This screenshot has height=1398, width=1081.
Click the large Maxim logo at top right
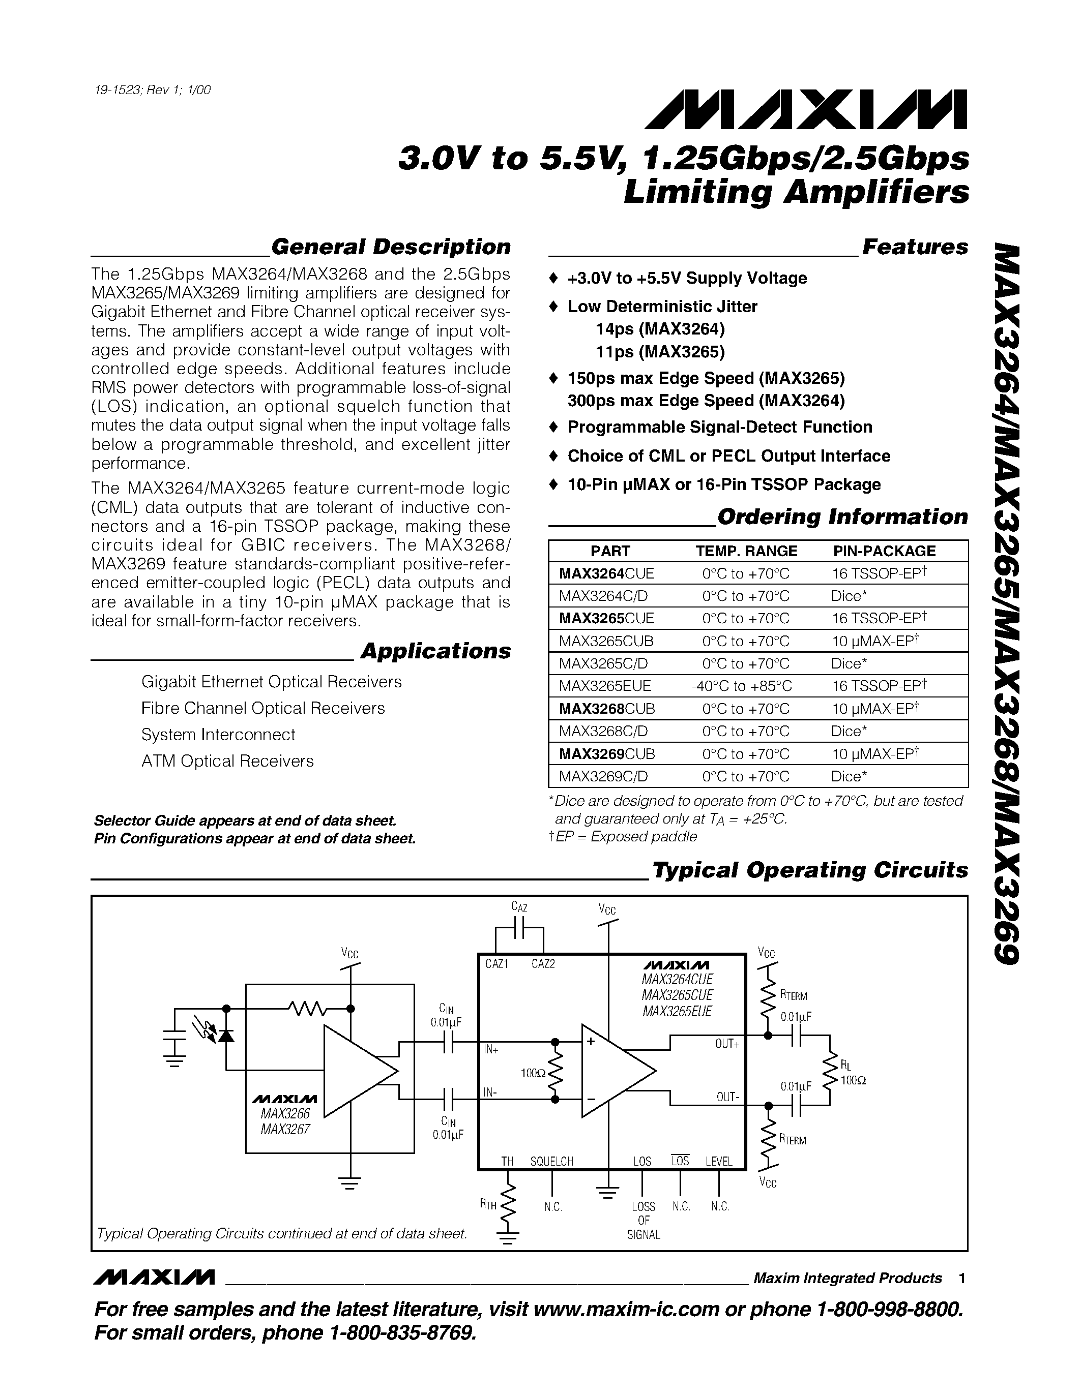point(806,110)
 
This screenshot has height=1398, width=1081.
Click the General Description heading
point(391,247)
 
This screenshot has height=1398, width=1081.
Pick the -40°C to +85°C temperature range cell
point(742,686)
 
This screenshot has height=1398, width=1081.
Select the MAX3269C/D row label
point(603,776)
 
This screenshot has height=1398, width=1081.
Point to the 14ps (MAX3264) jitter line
point(660,329)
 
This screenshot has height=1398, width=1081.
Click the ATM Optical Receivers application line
point(227,761)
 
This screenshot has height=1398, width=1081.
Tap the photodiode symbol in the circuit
point(225,1035)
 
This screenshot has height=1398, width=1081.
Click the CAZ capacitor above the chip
point(520,926)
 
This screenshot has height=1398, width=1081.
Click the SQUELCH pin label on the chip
point(551,1161)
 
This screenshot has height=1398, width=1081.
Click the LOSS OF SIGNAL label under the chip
point(643,1220)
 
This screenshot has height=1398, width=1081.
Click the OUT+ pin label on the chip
point(727,1044)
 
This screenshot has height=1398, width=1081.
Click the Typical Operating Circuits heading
point(809,870)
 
